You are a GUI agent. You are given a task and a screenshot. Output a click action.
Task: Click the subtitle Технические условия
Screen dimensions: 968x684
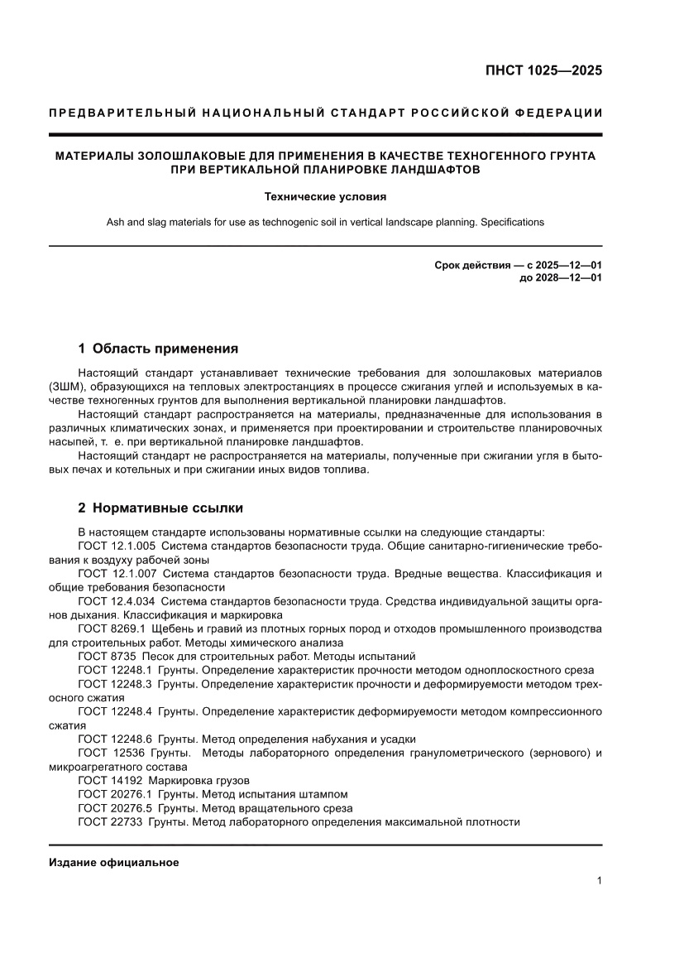[325, 197]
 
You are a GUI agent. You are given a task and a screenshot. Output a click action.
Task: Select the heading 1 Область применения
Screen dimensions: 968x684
[157, 349]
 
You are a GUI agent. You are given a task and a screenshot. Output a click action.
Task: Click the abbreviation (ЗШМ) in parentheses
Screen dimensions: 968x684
[67, 387]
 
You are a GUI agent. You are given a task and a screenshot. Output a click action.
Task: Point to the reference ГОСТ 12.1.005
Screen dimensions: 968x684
[116, 547]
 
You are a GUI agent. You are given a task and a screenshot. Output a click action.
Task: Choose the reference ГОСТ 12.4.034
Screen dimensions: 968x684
[116, 602]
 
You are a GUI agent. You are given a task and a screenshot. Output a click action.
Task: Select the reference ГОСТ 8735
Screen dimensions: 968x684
[106, 657]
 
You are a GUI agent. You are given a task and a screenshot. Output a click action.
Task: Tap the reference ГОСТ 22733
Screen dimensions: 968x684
[109, 821]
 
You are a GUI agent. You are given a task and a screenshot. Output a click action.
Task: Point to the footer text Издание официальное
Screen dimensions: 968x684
[114, 862]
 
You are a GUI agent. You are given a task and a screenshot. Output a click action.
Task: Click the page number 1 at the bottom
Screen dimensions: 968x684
[598, 881]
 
